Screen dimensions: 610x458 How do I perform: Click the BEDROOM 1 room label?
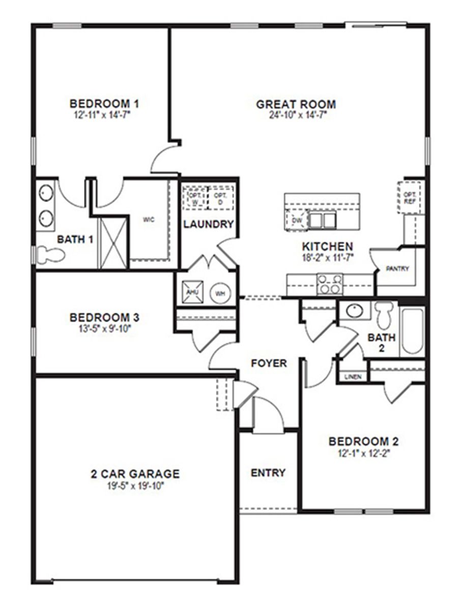104,104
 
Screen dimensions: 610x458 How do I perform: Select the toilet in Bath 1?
51,254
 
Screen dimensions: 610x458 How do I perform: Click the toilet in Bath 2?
384,314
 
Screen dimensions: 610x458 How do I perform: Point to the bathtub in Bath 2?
412,331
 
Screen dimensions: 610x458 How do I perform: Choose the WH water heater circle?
220,293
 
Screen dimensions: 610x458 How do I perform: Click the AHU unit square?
191,293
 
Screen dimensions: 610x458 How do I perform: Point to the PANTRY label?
397,269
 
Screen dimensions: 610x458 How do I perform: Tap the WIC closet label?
149,220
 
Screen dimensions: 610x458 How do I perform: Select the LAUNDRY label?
209,224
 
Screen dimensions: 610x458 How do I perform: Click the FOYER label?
269,363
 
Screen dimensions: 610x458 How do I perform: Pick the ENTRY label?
268,473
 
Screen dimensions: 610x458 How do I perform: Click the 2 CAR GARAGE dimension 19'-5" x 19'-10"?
135,485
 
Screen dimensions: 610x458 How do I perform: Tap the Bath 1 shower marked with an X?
112,242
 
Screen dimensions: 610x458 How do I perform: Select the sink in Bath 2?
351,311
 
